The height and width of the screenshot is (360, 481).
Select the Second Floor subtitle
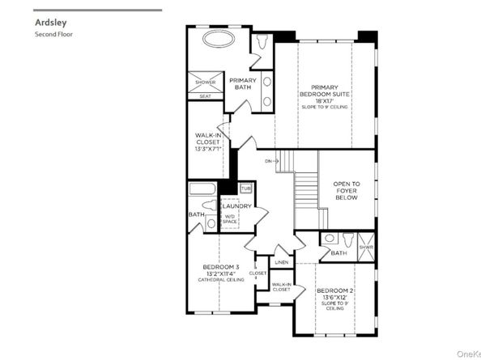(54, 35)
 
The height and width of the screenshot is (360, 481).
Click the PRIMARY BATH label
(243, 84)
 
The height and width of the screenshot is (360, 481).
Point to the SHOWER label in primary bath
(205, 83)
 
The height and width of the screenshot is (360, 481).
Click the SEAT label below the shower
(205, 96)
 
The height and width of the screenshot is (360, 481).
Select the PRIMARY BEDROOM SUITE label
(324, 91)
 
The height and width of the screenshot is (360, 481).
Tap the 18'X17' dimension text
(324, 101)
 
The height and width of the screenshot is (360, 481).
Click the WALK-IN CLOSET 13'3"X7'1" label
(208, 142)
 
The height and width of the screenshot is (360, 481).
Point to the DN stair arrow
(271, 162)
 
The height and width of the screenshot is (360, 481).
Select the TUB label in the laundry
(245, 188)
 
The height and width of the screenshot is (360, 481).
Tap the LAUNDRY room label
(236, 206)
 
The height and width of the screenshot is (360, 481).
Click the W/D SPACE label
(230, 219)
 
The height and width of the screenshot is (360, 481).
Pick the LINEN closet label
(281, 263)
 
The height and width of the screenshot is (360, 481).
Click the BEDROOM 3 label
(220, 267)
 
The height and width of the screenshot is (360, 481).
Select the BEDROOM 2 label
(332, 290)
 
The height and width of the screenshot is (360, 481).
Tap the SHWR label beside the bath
(366, 248)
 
